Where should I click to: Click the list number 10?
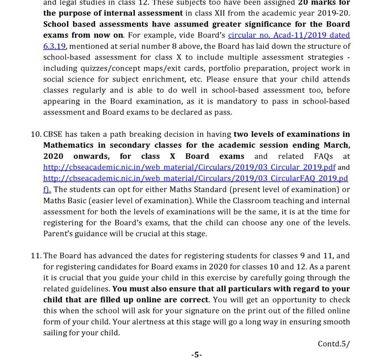(35, 134)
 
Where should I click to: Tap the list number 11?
(35, 255)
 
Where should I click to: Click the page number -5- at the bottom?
(196, 354)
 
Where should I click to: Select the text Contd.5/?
(334, 343)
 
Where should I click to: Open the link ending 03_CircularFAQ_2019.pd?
(196, 178)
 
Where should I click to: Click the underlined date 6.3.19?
(55, 46)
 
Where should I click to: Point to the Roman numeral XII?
(213, 13)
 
